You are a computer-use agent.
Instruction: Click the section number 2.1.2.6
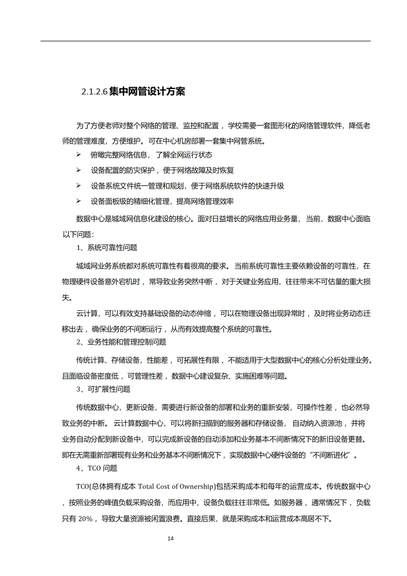click(95, 92)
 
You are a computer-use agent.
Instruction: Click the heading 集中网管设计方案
click(147, 91)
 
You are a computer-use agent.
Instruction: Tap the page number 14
click(170, 538)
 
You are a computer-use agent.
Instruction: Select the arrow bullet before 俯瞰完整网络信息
click(78, 155)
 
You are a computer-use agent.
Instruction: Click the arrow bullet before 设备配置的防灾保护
click(78, 170)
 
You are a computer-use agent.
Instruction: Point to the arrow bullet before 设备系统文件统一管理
click(78, 185)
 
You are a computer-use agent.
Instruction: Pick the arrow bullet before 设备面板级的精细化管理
click(78, 201)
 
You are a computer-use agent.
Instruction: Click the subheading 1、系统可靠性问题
click(107, 248)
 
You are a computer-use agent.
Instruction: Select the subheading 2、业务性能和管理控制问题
click(121, 342)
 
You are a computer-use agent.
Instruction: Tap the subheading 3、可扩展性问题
click(103, 389)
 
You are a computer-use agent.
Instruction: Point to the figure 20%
click(85, 519)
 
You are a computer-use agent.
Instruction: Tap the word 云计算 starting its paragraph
click(87, 314)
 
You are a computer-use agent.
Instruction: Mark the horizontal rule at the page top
click(205, 41)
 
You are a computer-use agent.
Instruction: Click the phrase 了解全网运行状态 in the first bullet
click(184, 155)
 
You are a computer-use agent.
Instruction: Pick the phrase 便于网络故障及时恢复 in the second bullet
click(198, 170)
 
